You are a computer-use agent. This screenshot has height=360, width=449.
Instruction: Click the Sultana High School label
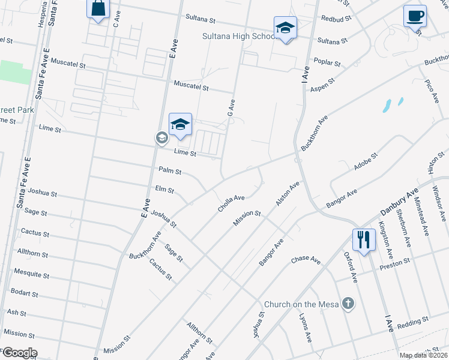point(238,37)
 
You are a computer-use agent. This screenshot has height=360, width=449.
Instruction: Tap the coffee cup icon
point(414,16)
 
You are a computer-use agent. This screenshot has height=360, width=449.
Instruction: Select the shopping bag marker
point(98,9)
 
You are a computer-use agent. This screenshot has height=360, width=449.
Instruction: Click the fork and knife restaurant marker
point(363,240)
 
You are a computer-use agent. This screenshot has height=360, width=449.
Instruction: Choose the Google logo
point(19,353)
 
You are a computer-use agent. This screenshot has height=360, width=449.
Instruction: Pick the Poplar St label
point(328,62)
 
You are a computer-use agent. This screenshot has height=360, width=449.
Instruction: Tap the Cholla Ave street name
point(231,203)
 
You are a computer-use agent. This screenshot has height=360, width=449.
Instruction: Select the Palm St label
point(170,171)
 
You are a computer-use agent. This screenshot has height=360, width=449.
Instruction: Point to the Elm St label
point(164,190)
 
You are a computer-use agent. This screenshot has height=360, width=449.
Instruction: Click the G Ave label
point(230,109)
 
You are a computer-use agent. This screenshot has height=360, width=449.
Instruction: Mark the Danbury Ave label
point(399,204)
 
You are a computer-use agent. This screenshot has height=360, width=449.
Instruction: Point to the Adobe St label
point(365,163)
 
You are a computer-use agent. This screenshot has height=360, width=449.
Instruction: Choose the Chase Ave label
point(306,259)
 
